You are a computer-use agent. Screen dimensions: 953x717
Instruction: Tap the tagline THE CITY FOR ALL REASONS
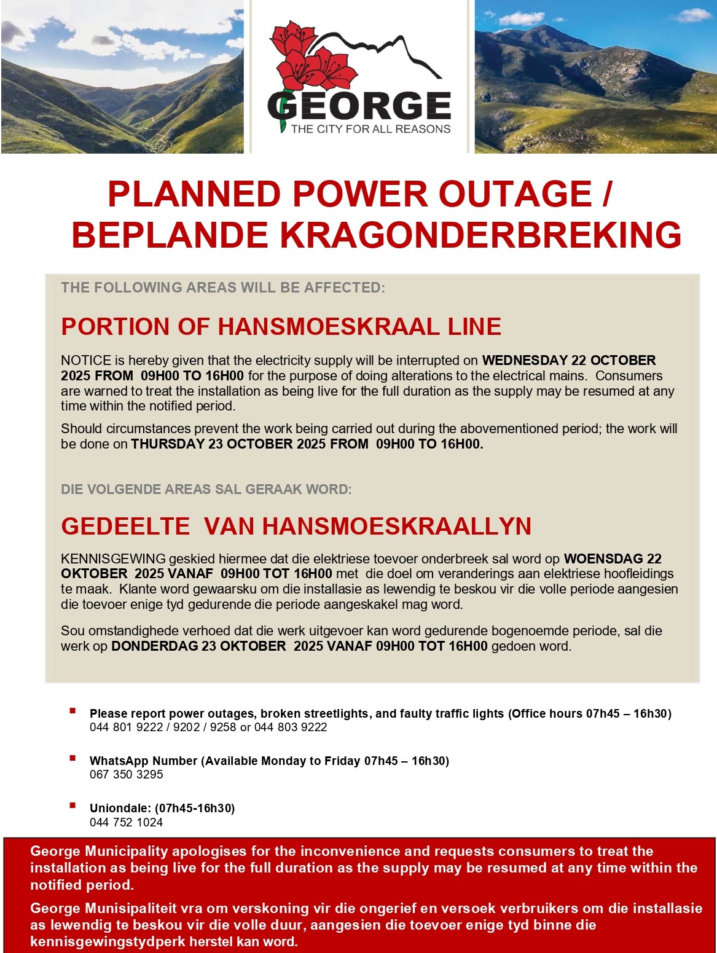(370, 129)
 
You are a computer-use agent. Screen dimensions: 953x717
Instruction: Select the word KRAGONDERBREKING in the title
(480, 235)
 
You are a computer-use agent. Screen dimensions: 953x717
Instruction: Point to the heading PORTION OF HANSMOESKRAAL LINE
(281, 326)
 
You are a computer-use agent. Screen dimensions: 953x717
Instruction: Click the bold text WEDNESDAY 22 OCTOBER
(568, 360)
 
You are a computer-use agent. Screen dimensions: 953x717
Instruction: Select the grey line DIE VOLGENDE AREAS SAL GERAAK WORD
(206, 489)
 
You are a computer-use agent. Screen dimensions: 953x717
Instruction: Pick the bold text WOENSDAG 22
(613, 559)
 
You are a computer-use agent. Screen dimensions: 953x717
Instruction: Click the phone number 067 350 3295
(127, 775)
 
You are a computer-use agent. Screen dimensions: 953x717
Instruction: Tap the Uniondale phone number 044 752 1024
(127, 823)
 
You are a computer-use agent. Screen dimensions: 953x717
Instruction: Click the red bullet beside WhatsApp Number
(73, 758)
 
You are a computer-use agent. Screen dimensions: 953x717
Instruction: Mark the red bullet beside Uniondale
(73, 806)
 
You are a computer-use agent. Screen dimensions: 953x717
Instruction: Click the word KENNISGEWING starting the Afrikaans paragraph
(113, 559)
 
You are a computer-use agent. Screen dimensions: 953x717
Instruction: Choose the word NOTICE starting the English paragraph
(86, 360)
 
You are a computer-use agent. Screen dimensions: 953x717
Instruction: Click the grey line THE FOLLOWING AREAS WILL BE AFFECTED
(222, 288)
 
